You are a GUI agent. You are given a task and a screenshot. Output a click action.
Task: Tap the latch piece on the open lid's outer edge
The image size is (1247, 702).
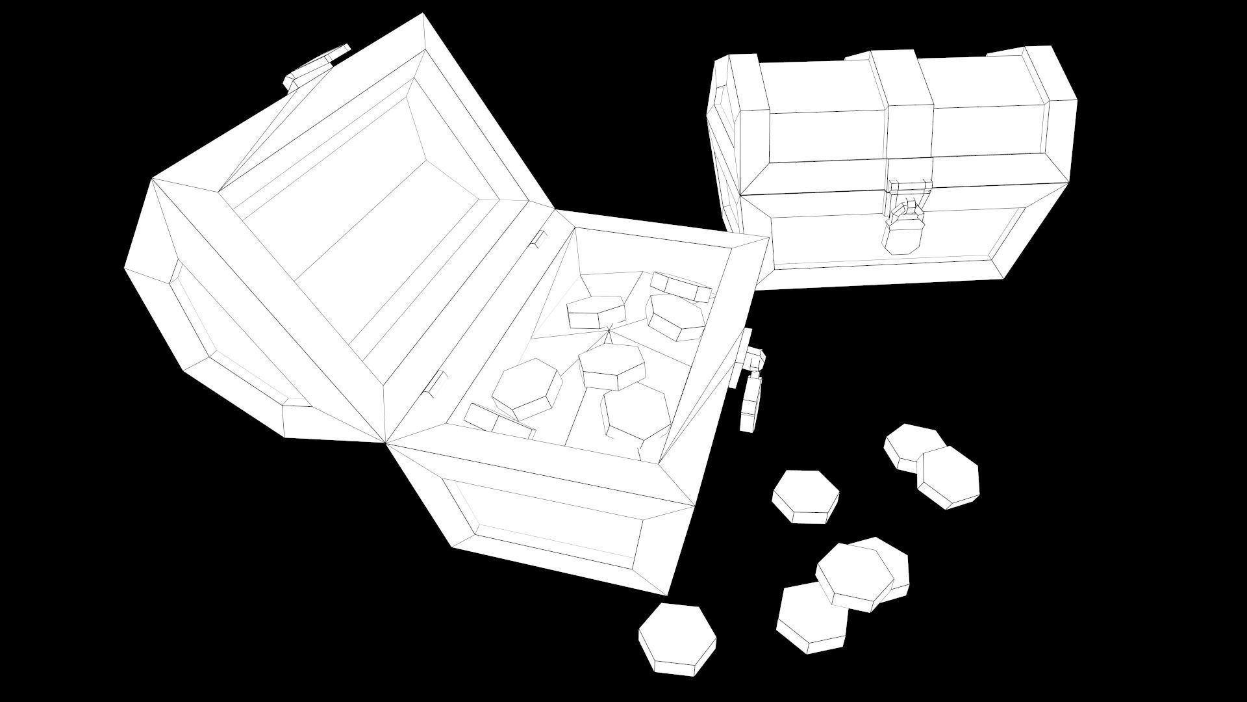[x=318, y=65]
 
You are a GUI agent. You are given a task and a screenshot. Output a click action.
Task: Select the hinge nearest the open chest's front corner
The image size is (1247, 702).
[x=433, y=384]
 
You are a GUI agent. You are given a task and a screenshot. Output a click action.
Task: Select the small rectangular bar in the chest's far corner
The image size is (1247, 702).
[x=680, y=286]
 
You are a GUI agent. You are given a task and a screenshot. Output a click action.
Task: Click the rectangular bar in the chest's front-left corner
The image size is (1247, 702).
[x=497, y=421]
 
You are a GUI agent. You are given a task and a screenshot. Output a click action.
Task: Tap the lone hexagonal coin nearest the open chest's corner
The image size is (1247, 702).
[x=677, y=637]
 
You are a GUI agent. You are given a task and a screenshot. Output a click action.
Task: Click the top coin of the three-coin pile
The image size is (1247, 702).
[x=851, y=573]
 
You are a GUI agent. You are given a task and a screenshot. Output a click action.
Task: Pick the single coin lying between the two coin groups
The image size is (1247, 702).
[x=805, y=495]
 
